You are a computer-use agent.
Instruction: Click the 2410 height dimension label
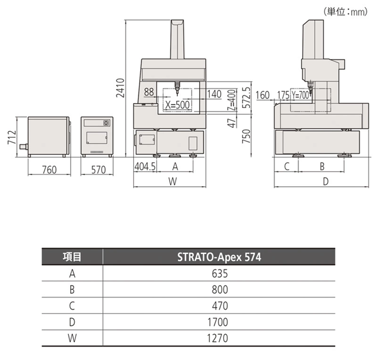[120, 88]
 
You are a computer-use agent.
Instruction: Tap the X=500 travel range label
[177, 105]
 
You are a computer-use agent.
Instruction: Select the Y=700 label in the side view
[300, 95]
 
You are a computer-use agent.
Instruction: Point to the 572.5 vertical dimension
[247, 97]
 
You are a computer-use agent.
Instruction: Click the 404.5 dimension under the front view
[145, 166]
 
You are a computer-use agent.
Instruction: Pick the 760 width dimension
[49, 170]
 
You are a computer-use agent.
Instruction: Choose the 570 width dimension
[98, 170]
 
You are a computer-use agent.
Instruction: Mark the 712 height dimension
[12, 137]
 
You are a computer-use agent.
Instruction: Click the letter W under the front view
[173, 181]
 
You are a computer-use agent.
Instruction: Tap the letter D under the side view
[326, 181]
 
